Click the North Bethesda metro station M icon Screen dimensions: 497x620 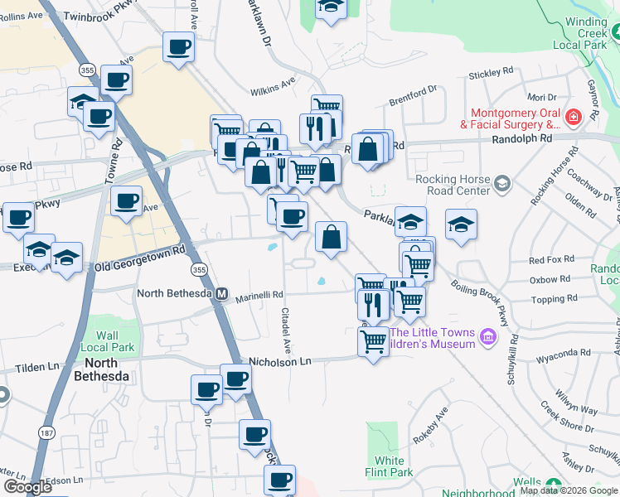tap(221, 293)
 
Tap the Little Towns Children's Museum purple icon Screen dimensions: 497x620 tap(488, 337)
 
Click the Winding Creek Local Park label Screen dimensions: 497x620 tap(592, 29)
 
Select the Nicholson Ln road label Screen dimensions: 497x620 tap(280, 361)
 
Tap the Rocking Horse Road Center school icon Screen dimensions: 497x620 tap(501, 182)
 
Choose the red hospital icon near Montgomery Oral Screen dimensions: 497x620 tap(572, 119)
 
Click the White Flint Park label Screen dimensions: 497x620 tap(390, 466)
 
